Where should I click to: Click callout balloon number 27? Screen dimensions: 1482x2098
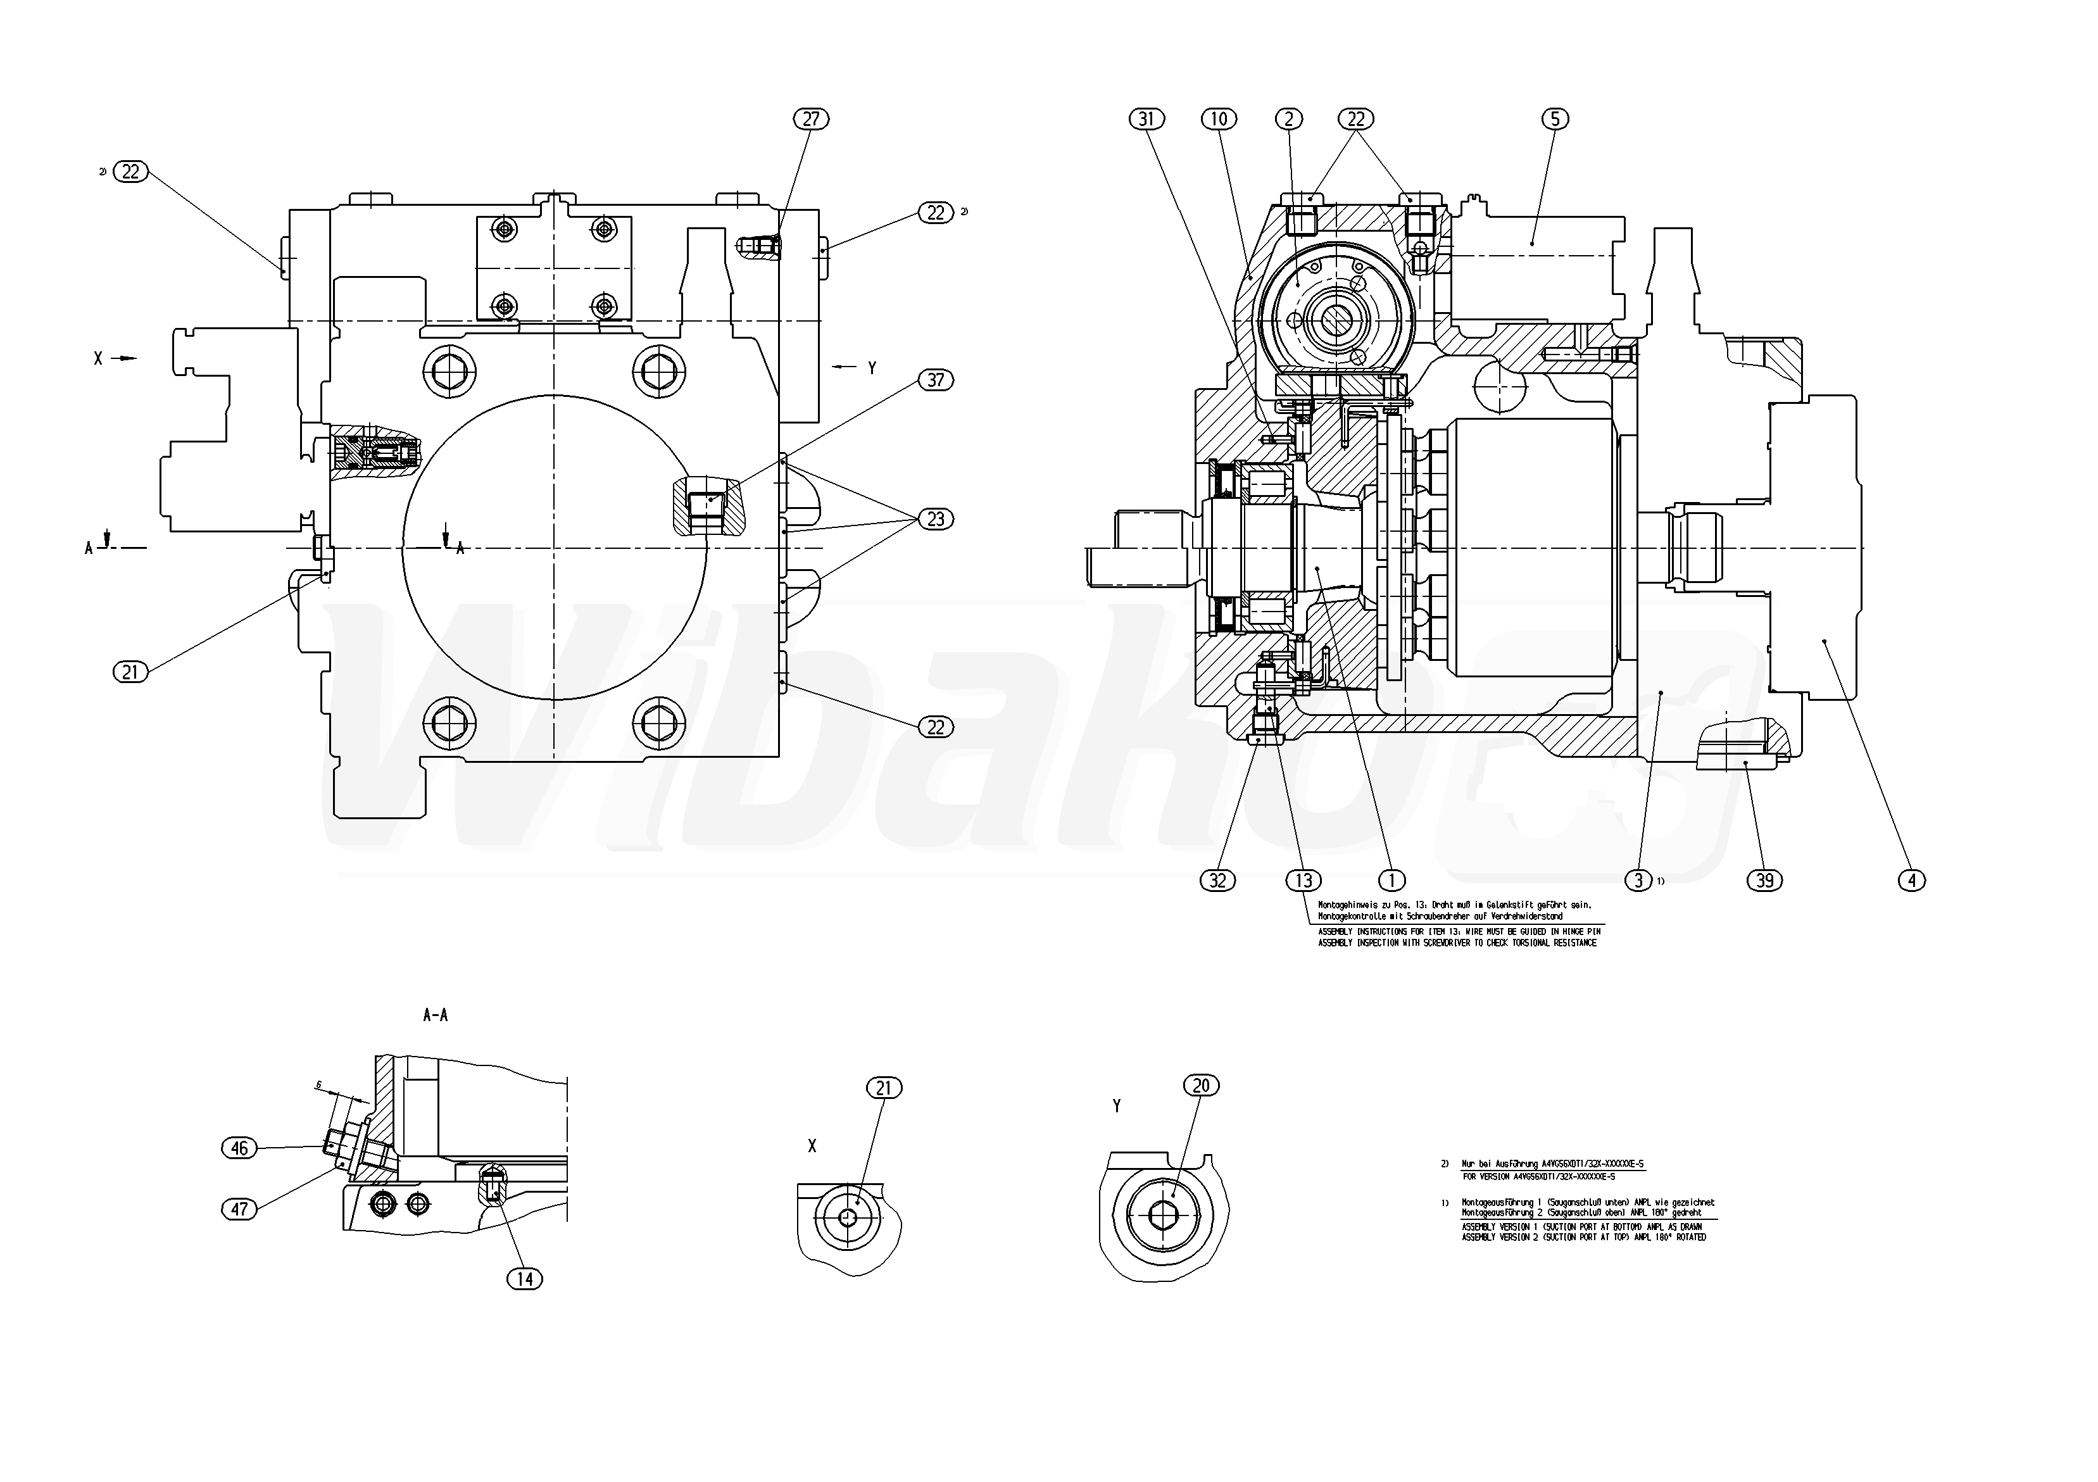click(x=810, y=119)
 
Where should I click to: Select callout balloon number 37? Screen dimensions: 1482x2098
click(x=936, y=379)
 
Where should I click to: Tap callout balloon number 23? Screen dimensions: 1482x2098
click(x=936, y=519)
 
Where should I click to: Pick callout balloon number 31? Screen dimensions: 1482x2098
click(x=1148, y=119)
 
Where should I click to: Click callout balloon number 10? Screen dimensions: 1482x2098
click(x=1219, y=119)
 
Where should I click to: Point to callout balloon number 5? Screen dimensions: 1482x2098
click(x=1554, y=119)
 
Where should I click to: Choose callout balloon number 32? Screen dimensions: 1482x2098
click(x=1217, y=880)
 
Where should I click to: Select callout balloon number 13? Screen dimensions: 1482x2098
click(x=1303, y=880)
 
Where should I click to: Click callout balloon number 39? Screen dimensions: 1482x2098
click(x=1764, y=880)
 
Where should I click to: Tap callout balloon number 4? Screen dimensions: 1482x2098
click(x=1912, y=880)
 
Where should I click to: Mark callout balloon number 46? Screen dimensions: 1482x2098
click(x=239, y=1148)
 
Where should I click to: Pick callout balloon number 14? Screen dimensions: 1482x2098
click(x=524, y=1279)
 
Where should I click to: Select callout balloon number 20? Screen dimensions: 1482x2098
click(x=1202, y=1086)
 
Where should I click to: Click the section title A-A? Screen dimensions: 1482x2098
click(x=435, y=1015)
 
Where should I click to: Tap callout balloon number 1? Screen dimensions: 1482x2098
click(x=1391, y=880)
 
